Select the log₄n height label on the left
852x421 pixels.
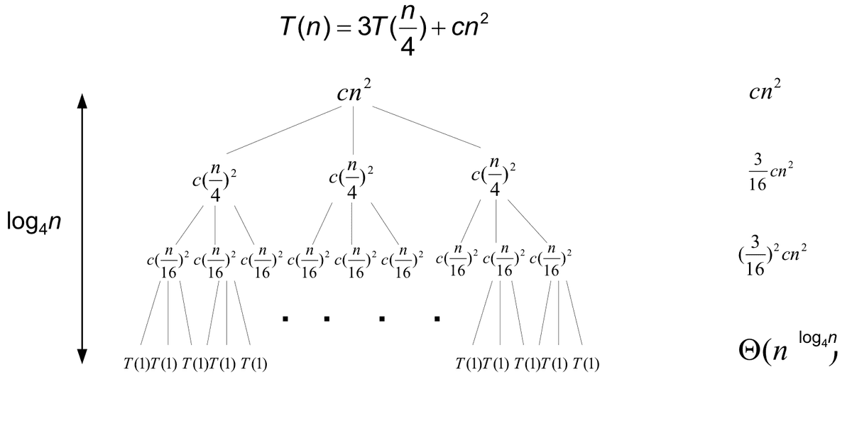pos(33,222)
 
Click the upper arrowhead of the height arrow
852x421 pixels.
pos(82,101)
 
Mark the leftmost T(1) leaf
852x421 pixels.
pos(136,365)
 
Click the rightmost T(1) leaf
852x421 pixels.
pos(586,365)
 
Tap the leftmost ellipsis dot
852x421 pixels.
pos(285,319)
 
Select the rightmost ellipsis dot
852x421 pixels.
pos(437,319)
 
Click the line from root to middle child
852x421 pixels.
pos(354,131)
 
